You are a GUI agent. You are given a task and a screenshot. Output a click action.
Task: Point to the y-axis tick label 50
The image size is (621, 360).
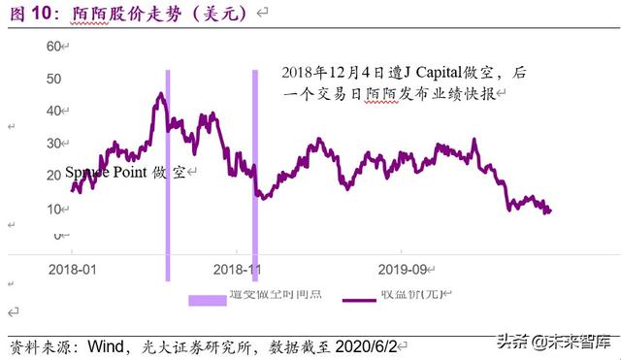54,79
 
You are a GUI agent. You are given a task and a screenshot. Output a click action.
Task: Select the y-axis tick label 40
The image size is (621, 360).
54,111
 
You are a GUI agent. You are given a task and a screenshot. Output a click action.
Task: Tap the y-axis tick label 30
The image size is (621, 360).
54,144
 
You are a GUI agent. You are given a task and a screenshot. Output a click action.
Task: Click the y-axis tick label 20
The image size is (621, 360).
54,176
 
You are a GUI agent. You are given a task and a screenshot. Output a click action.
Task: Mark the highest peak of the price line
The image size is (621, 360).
161,94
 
